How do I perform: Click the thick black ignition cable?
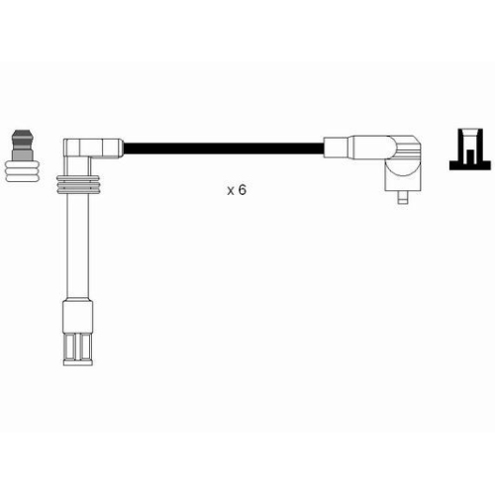coord(223,148)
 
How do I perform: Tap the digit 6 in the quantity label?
coord(243,190)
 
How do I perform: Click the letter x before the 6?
coord(231,191)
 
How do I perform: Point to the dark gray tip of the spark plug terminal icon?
coord(22,136)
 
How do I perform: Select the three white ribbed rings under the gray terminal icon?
coord(23,171)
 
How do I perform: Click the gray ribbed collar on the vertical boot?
coord(78,184)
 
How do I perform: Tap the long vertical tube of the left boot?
coord(77,246)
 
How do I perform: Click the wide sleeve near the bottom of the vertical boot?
coord(77,316)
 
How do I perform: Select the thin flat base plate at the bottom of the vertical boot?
coord(78,362)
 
